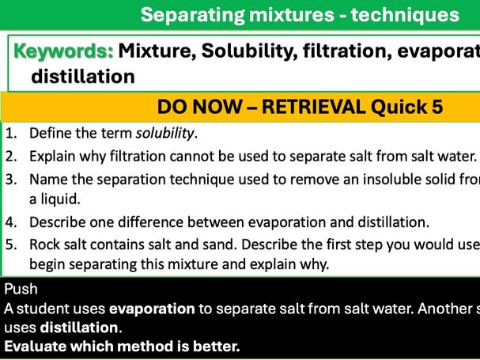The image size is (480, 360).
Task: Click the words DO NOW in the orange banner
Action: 194,107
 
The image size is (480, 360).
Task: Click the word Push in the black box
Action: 20,288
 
